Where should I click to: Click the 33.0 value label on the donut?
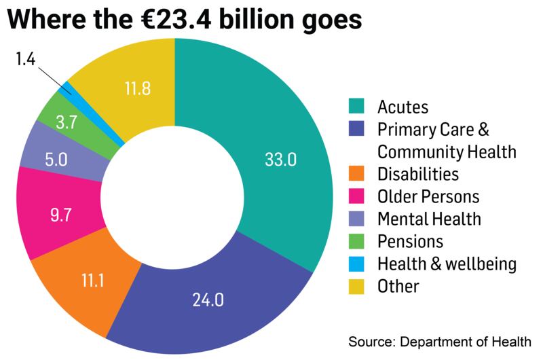pyautogui.click(x=280, y=162)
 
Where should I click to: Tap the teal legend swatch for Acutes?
pyautogui.click(x=356, y=107)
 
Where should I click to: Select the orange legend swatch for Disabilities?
pyautogui.click(x=356, y=175)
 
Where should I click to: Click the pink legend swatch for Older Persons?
pyautogui.click(x=356, y=197)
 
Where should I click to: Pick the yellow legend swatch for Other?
pyautogui.click(x=356, y=286)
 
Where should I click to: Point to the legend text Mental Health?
pyautogui.click(x=428, y=219)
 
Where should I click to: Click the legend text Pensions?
pyautogui.click(x=410, y=242)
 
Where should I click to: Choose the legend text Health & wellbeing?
pyautogui.click(x=447, y=264)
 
